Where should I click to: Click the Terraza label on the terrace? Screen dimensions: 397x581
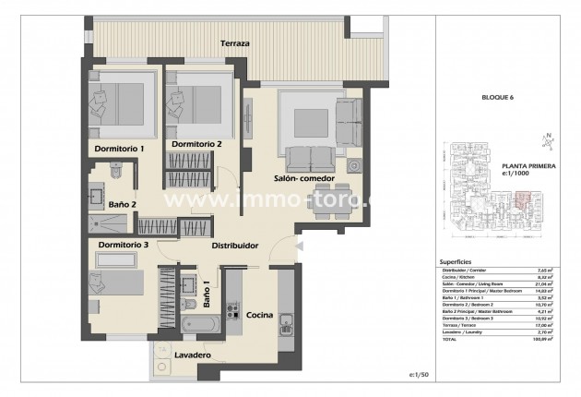[x=235, y=43]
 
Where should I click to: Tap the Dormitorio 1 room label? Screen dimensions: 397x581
[x=120, y=148]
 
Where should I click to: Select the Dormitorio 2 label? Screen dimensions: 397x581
[x=196, y=145]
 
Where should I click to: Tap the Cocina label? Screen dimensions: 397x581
[x=258, y=316]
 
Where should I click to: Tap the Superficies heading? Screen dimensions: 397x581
[x=458, y=261]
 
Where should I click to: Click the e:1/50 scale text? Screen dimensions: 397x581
[x=421, y=375]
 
